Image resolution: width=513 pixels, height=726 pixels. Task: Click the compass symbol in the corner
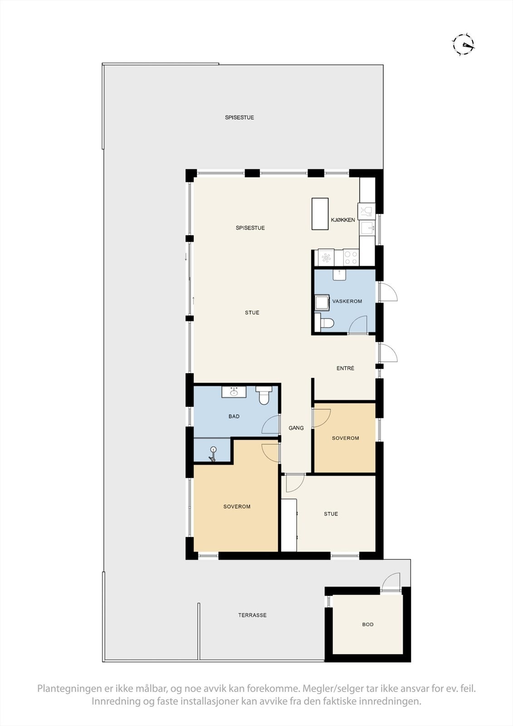(x=463, y=44)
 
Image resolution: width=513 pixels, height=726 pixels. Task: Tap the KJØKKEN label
(x=343, y=220)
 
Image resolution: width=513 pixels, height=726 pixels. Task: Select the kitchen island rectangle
(x=320, y=214)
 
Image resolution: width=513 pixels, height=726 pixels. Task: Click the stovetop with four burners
(x=351, y=258)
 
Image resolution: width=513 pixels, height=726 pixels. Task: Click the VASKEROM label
(x=347, y=301)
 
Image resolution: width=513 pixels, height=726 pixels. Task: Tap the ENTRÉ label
(x=345, y=368)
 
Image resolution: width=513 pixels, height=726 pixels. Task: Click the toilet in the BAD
(x=264, y=395)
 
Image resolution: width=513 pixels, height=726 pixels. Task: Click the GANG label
(x=296, y=428)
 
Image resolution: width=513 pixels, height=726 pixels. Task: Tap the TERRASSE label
(x=252, y=615)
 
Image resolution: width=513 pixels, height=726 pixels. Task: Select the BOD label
(x=368, y=624)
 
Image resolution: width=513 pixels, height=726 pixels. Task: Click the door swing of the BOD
(x=391, y=581)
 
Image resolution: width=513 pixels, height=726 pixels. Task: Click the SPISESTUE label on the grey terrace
(x=239, y=118)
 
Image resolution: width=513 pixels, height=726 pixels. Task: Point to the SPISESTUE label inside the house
(x=250, y=228)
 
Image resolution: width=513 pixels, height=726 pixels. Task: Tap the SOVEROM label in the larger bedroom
(x=237, y=507)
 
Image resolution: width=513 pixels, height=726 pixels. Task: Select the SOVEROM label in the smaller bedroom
(x=345, y=438)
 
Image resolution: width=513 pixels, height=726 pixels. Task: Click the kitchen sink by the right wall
(x=367, y=228)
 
